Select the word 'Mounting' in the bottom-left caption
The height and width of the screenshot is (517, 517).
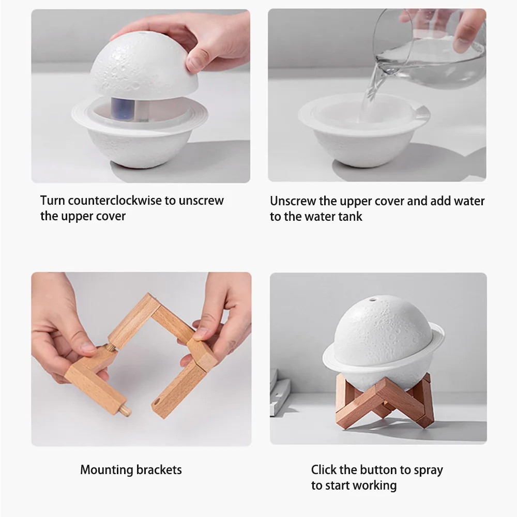tap(107, 469)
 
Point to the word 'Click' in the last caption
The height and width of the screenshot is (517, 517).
tap(324, 469)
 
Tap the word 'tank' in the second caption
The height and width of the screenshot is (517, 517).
tap(351, 216)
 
